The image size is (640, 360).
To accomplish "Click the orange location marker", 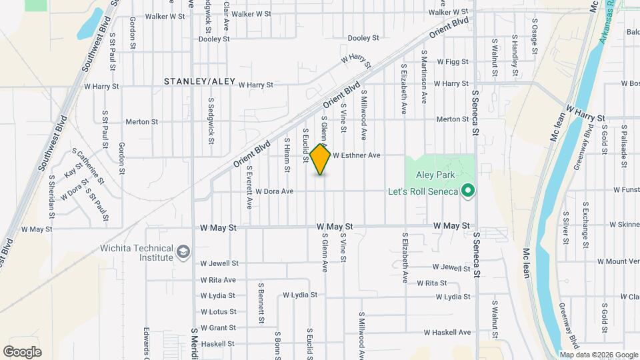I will (321, 159).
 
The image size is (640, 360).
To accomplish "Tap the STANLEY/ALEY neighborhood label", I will (200, 81).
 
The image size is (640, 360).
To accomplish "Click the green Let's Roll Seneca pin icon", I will (468, 191).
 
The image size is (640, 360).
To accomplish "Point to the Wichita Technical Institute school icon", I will (183, 251).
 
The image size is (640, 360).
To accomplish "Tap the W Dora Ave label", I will (274, 191).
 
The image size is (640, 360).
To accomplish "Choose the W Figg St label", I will (453, 61).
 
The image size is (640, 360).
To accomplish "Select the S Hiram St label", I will (287, 155).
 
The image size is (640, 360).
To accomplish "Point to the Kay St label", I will (73, 173).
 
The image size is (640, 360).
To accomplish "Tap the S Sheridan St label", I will (51, 197).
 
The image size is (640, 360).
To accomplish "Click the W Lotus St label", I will (218, 312).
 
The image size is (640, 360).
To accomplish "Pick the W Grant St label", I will (218, 328).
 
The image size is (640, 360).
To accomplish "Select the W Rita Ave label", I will (218, 280).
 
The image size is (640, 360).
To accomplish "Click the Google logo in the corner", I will (22, 352).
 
